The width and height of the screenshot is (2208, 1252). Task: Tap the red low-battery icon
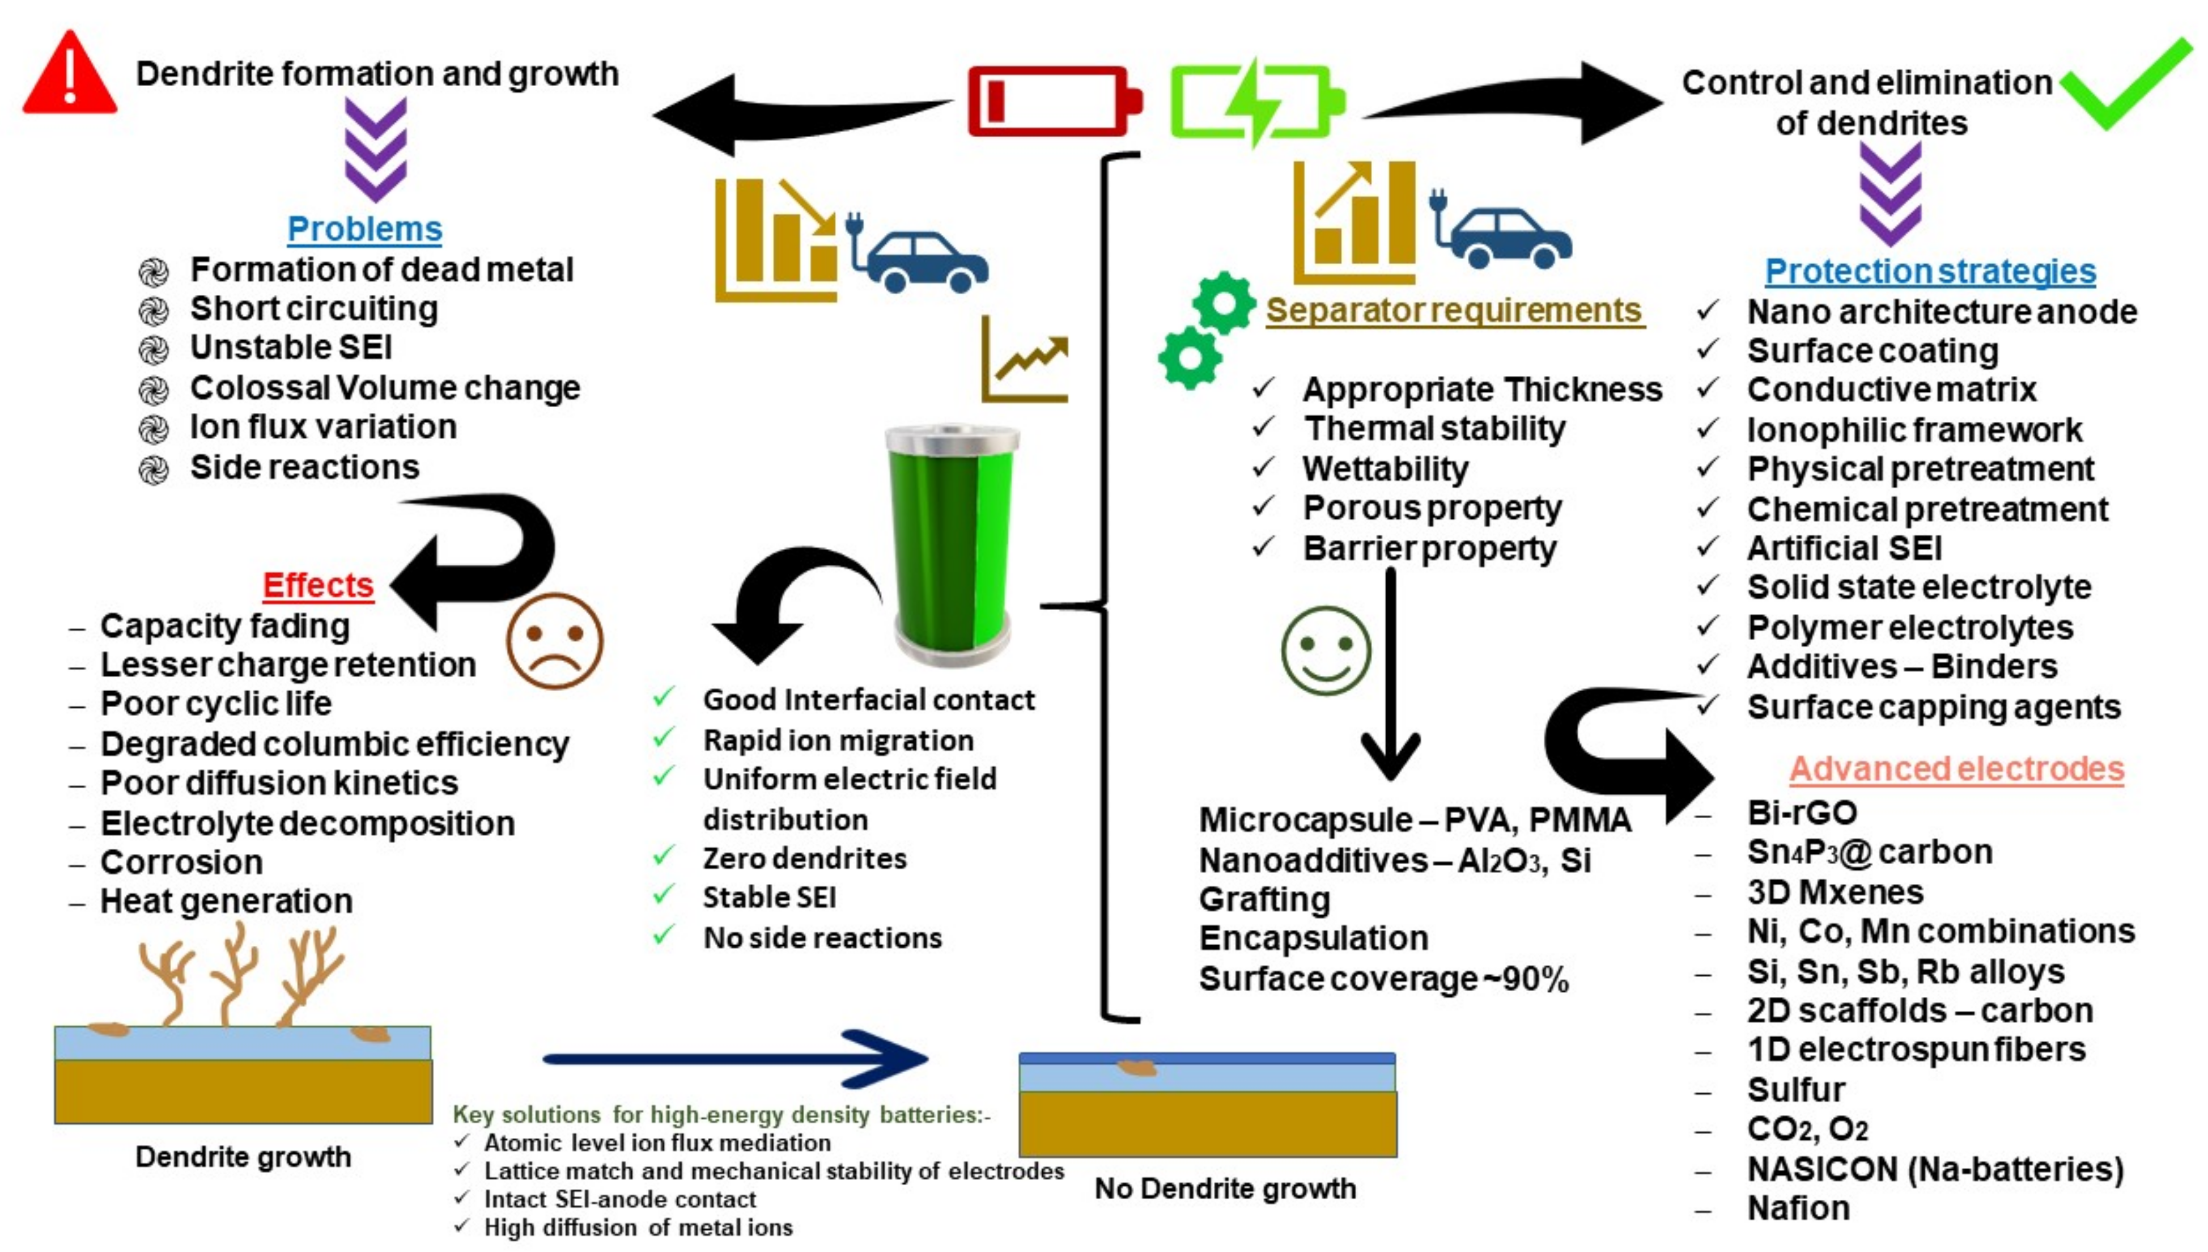1053,101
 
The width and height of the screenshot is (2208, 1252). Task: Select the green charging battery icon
1255,101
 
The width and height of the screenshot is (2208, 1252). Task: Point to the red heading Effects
317,586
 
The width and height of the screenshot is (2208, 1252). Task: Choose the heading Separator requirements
1454,310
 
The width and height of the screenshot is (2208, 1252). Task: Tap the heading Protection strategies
1930,271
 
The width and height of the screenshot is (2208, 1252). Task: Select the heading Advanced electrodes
1956,769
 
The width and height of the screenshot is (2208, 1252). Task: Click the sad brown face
554,641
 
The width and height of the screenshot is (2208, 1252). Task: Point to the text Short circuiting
314,308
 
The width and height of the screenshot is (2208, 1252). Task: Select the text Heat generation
226,901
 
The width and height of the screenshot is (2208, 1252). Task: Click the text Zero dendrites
804,858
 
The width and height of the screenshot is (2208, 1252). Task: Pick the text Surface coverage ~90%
1384,979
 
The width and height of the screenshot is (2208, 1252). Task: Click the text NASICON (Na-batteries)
1935,1169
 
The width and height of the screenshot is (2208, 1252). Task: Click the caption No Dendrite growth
1225,1188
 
